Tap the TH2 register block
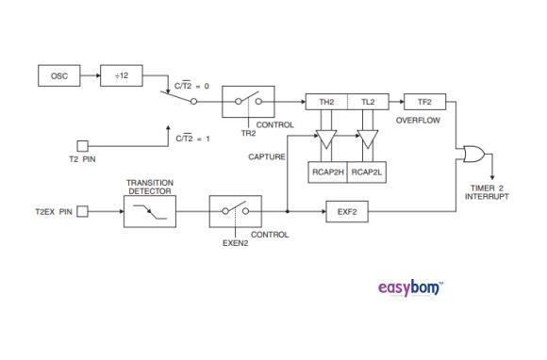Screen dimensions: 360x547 (x=327, y=101)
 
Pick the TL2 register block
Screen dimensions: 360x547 (x=368, y=101)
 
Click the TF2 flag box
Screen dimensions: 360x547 (x=423, y=101)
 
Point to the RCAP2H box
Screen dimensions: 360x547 (x=328, y=172)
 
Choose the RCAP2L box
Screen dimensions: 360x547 (x=368, y=172)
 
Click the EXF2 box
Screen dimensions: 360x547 (x=347, y=211)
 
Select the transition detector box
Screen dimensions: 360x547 (x=149, y=211)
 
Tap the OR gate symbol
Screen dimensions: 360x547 (x=469, y=155)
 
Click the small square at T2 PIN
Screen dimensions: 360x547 (x=82, y=145)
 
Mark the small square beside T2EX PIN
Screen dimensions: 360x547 (x=82, y=211)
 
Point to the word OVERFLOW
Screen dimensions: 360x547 (x=416, y=121)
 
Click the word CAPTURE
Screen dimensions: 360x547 (x=267, y=156)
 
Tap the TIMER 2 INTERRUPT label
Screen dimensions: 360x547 (x=487, y=192)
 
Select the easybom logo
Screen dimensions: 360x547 (x=409, y=286)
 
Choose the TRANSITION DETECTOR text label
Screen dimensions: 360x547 (x=150, y=187)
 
